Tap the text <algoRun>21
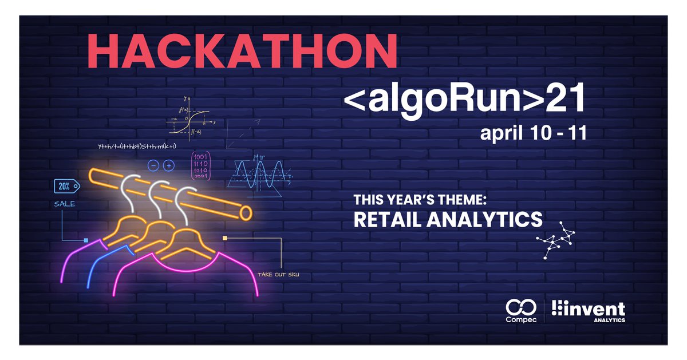[463, 101]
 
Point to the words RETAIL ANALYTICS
[447, 219]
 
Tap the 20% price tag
[65, 185]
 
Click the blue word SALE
[65, 204]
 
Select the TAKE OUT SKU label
[278, 275]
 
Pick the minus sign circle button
[153, 165]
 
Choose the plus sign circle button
[168, 165]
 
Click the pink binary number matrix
[200, 166]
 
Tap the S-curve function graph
[188, 121]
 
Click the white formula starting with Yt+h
[137, 147]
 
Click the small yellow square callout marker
[225, 238]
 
